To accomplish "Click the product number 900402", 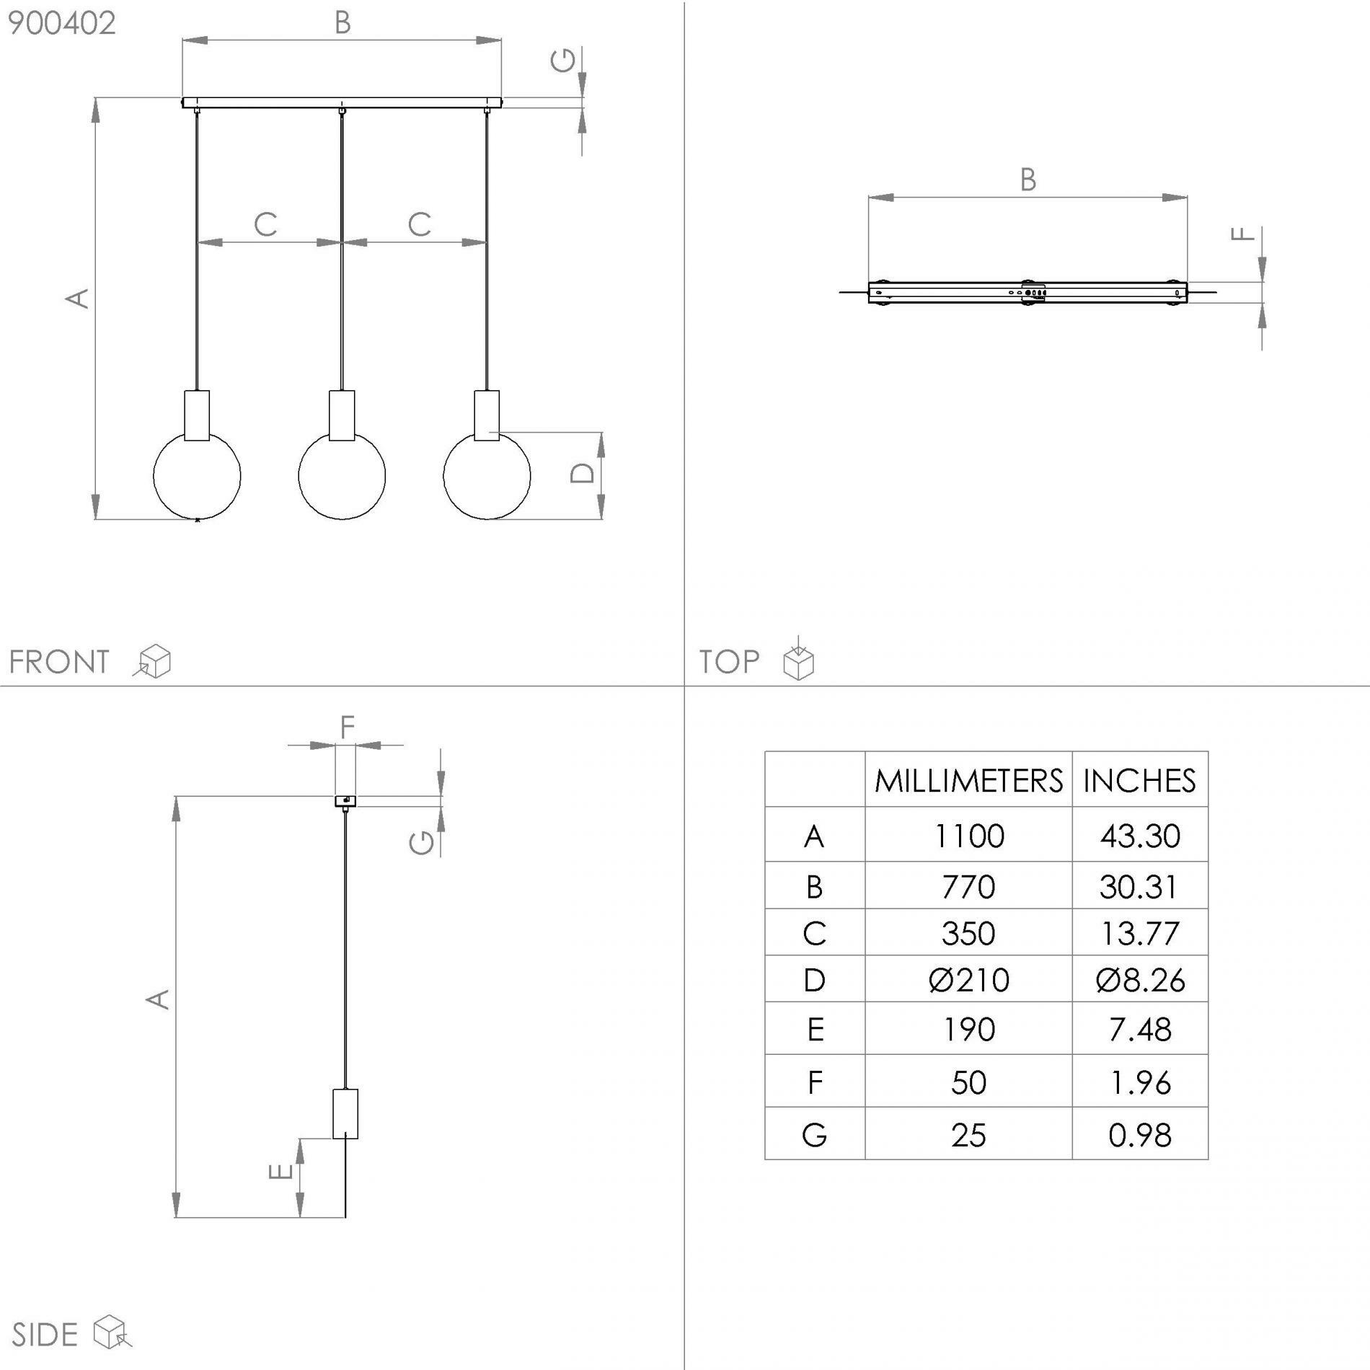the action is [x=61, y=24].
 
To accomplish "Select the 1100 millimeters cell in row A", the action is [x=968, y=836].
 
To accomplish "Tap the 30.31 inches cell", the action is [x=1139, y=886].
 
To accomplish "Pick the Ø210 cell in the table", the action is [x=968, y=980].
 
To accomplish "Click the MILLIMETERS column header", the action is [x=968, y=781].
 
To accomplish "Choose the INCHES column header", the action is [x=1139, y=781].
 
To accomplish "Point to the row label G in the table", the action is [x=814, y=1135].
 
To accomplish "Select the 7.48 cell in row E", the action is [x=1139, y=1030].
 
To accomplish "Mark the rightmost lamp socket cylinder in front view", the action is [x=487, y=415].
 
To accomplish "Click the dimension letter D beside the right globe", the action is [x=583, y=473].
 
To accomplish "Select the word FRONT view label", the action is [x=59, y=662].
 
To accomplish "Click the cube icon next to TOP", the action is [x=798, y=658].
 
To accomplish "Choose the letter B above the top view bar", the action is [x=1028, y=180].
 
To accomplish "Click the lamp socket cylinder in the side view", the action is [x=345, y=1114].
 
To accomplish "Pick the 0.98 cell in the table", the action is [x=1139, y=1135].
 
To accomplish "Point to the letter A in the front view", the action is [x=78, y=299].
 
